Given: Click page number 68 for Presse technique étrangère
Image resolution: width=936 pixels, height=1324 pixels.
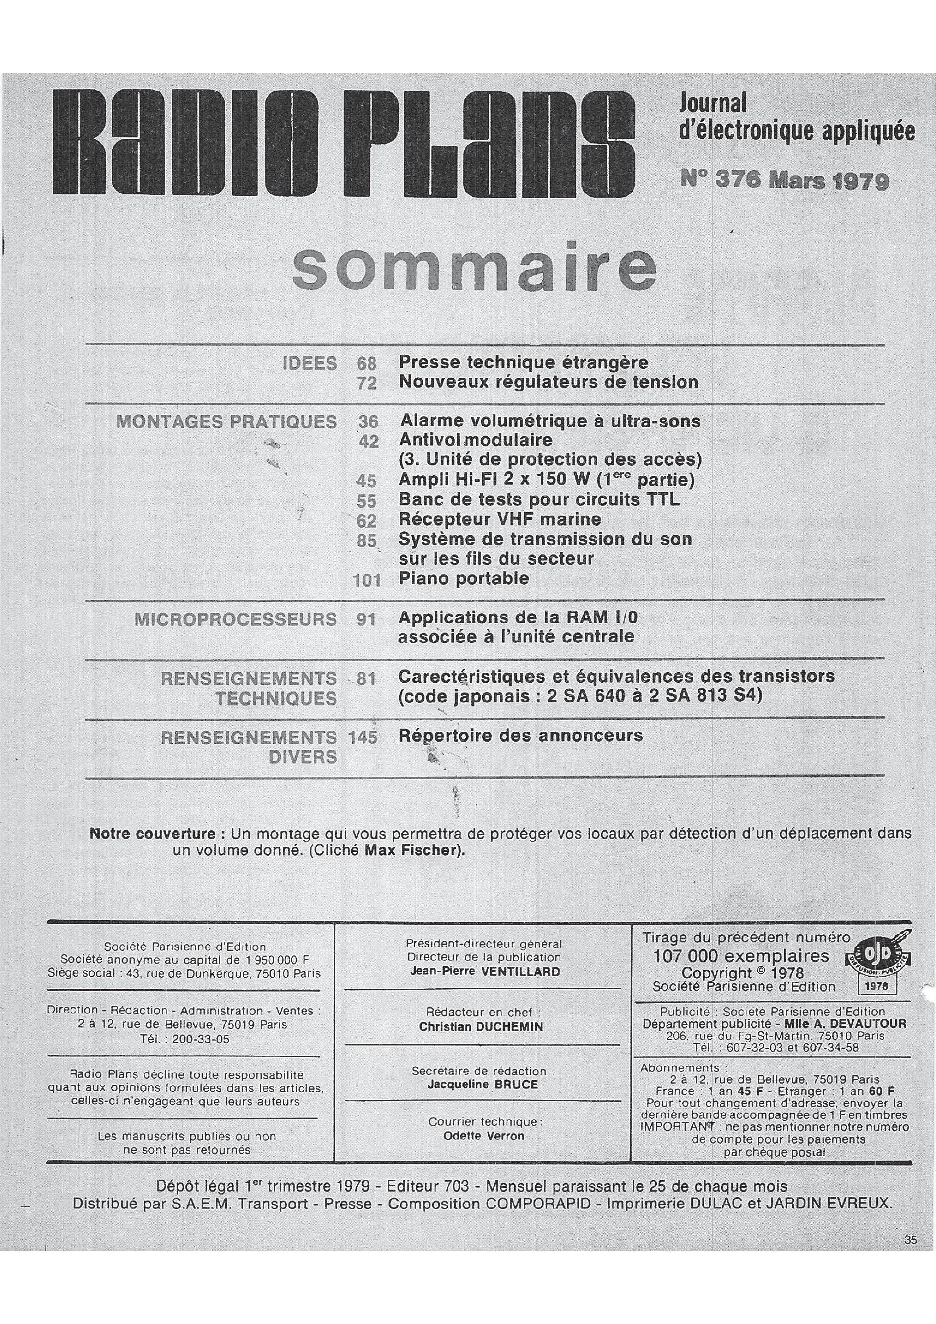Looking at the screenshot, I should tap(367, 363).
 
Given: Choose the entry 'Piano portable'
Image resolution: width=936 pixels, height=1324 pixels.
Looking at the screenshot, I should tap(464, 578).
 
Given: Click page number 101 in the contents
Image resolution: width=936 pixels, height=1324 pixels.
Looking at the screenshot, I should tap(367, 580).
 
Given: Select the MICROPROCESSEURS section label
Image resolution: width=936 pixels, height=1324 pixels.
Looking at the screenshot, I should tap(235, 619).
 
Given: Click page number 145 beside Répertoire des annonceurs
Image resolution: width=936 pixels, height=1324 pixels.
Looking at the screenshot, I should tap(363, 737).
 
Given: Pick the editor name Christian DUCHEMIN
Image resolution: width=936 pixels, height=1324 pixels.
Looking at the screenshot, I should tap(481, 1027).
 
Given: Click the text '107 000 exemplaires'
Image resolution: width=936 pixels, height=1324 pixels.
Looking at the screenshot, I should tap(740, 956).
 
